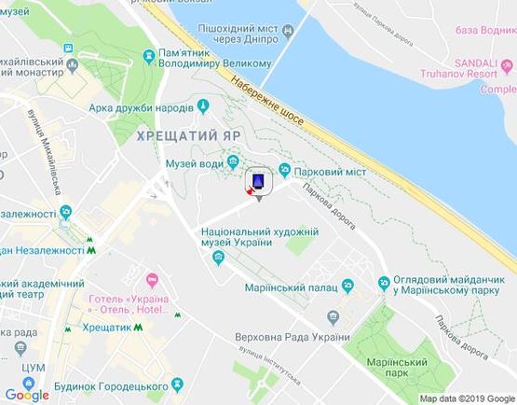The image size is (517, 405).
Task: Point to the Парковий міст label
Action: [329, 173]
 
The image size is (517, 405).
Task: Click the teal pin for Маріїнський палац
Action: [347, 285]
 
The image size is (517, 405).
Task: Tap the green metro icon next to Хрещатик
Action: [136, 328]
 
